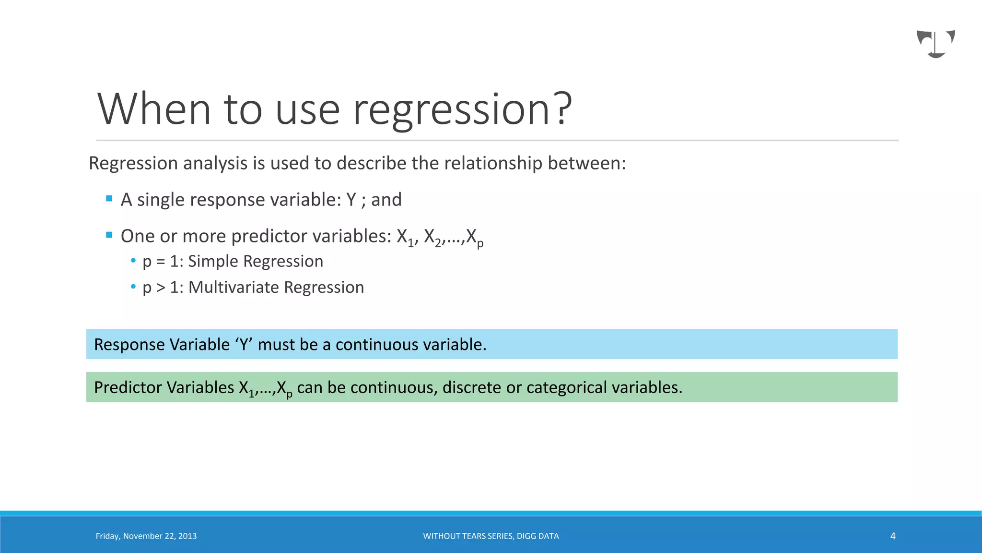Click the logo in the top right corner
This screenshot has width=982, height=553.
tap(935, 44)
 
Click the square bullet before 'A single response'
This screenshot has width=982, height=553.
tap(109, 199)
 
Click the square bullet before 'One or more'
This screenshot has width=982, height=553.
tap(109, 235)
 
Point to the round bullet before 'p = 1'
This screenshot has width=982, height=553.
tap(133, 261)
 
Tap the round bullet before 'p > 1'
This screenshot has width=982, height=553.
tap(133, 287)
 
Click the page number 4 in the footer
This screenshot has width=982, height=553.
tap(892, 536)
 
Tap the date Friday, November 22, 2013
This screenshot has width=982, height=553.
tap(146, 536)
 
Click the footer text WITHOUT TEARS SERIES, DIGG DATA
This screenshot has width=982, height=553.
tap(491, 536)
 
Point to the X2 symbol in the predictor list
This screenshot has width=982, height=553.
tap(433, 237)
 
